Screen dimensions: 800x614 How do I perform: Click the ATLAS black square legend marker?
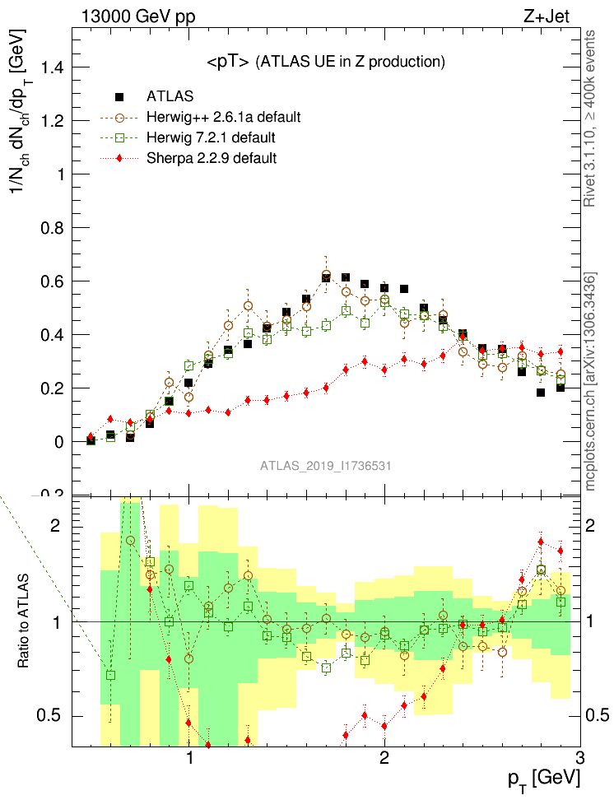[x=120, y=96]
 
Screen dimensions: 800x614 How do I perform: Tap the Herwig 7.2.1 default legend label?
[x=211, y=137]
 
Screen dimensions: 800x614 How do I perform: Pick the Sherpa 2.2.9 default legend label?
[x=212, y=157]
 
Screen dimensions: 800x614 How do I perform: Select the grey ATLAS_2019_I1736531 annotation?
[x=325, y=466]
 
